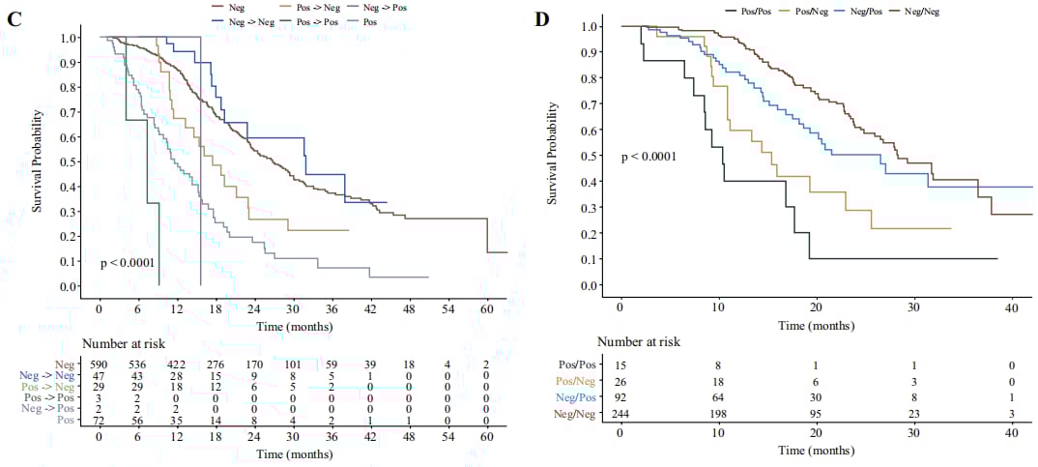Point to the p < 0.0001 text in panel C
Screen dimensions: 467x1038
tap(128, 262)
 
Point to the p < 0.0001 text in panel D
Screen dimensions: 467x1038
tap(648, 156)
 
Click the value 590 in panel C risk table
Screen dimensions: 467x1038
tap(101, 362)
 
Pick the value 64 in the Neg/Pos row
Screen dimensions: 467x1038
tap(718, 397)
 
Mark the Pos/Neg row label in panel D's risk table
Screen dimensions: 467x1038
tap(579, 380)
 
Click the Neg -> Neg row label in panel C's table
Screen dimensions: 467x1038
tap(45, 376)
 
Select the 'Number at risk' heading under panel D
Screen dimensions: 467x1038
tap(638, 340)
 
